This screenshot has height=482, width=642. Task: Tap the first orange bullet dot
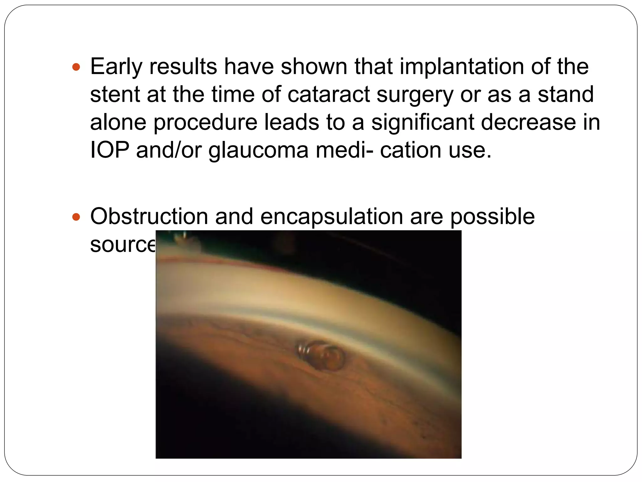tap(76, 67)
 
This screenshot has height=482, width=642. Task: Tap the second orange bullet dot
tap(76, 217)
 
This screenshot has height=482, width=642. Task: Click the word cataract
tap(329, 94)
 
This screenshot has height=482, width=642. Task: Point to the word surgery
tap(415, 94)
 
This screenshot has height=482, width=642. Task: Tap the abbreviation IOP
tap(110, 150)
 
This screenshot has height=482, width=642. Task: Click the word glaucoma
tap(259, 150)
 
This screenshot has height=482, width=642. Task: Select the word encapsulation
tap(331, 217)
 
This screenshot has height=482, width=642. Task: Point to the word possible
tap(492, 217)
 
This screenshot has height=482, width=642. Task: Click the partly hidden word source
tap(122, 244)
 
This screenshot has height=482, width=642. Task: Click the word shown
tap(314, 67)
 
